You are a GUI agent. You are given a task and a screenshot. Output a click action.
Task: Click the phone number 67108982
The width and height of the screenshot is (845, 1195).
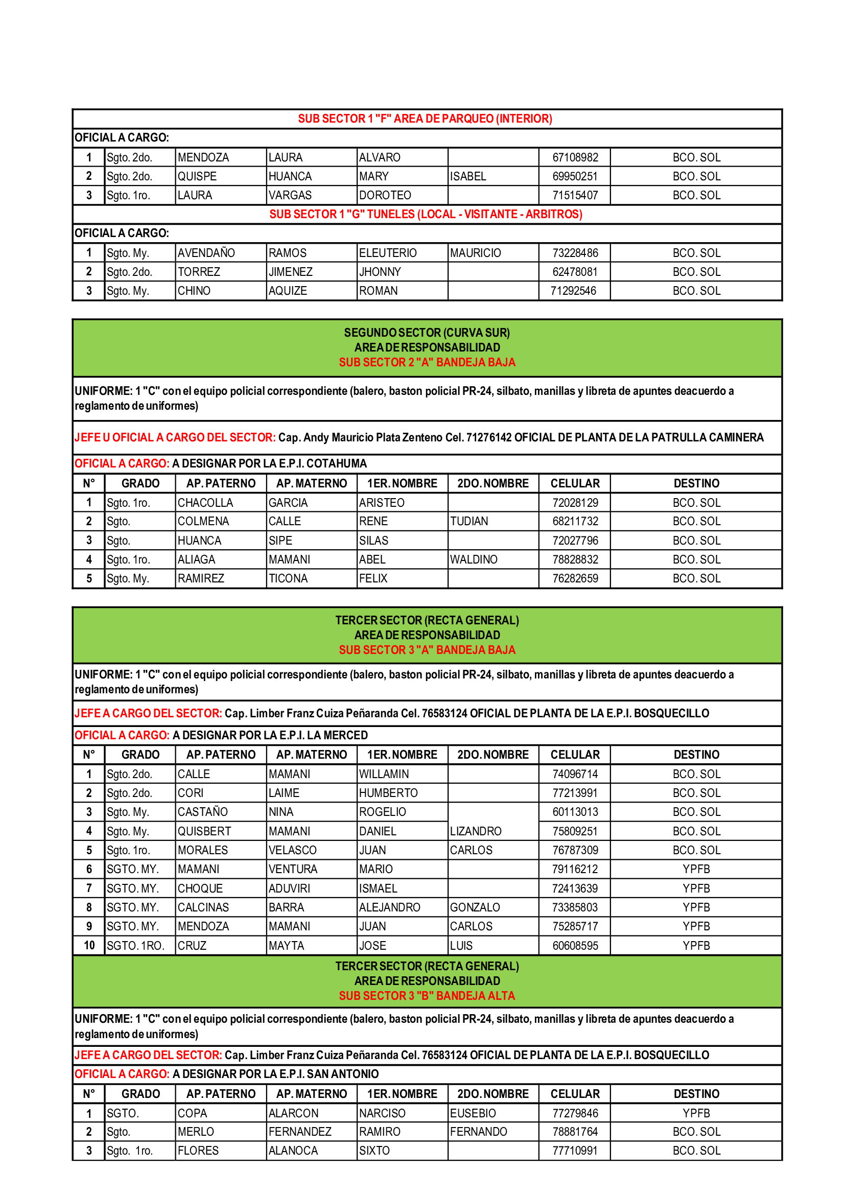pyautogui.click(x=575, y=157)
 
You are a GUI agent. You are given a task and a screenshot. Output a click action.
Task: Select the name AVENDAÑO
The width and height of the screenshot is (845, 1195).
pyautogui.click(x=206, y=253)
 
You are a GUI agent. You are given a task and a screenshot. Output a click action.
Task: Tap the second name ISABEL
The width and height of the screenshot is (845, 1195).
pyautogui.click(x=468, y=176)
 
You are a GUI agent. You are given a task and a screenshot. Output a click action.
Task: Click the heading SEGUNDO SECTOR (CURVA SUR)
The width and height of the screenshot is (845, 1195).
pyautogui.click(x=427, y=333)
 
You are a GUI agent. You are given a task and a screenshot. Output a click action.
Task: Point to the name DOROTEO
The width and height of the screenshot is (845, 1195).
pyautogui.click(x=385, y=195)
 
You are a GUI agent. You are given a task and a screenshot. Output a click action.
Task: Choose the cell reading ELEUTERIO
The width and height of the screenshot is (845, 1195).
pyautogui.click(x=388, y=253)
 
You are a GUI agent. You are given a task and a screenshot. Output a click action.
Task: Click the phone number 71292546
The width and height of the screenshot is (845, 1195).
pyautogui.click(x=573, y=291)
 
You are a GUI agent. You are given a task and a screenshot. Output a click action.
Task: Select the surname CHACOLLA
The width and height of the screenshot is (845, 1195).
pyautogui.click(x=205, y=503)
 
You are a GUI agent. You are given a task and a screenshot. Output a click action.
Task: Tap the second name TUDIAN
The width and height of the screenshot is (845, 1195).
pyautogui.click(x=469, y=521)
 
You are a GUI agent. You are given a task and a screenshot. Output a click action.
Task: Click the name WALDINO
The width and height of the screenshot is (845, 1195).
pyautogui.click(x=474, y=559)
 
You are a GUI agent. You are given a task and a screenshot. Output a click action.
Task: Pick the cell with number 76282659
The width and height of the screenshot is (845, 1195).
pyautogui.click(x=575, y=578)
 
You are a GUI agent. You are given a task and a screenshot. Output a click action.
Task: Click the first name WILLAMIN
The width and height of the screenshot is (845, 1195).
pyautogui.click(x=384, y=774)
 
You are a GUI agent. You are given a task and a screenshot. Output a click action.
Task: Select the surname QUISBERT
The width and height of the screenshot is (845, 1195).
pyautogui.click(x=204, y=831)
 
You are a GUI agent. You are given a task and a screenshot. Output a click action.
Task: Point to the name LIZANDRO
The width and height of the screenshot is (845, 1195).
pyautogui.click(x=476, y=831)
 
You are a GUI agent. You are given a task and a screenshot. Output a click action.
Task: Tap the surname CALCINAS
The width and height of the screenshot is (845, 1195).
pyautogui.click(x=203, y=907)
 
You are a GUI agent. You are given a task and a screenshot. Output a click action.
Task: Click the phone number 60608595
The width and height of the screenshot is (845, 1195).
pyautogui.click(x=575, y=946)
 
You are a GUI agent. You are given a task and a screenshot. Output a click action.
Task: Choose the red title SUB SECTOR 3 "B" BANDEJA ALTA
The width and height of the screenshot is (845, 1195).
pyautogui.click(x=427, y=996)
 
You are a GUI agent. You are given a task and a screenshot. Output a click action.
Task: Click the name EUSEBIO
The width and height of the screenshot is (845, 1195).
pyautogui.click(x=473, y=1113)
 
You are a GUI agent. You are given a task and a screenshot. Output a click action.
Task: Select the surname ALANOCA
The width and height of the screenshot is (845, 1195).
pyautogui.click(x=293, y=1151)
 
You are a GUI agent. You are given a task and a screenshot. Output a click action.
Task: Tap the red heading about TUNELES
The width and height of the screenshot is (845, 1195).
pyautogui.click(x=426, y=215)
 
